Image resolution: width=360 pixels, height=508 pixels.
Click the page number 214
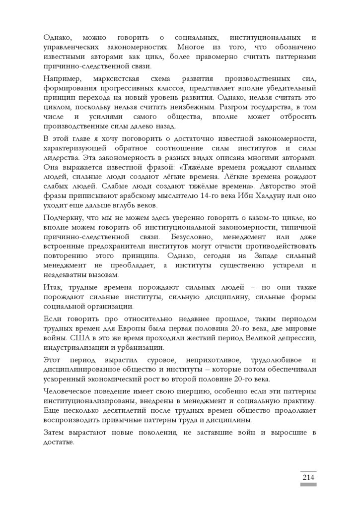pyautogui.click(x=308, y=477)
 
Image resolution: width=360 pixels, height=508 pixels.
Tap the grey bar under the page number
pyautogui.click(x=308, y=484)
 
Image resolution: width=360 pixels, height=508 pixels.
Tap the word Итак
pyautogui.click(x=53, y=288)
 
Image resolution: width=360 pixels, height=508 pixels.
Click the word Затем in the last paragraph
pyautogui.click(x=54, y=434)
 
